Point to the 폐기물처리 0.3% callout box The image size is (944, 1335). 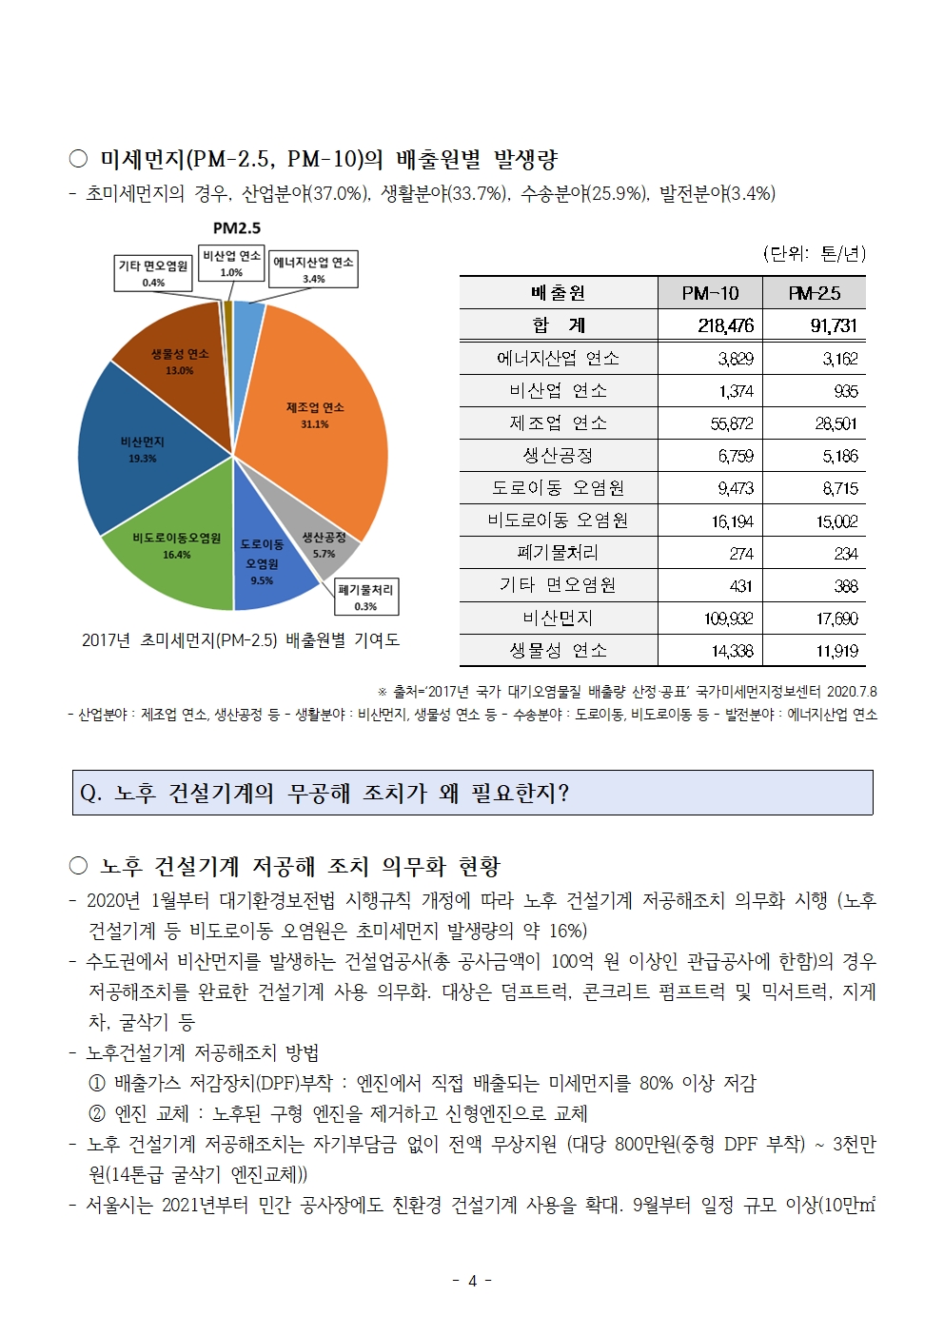pyautogui.click(x=365, y=597)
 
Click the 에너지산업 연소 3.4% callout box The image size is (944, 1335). pyautogui.click(x=313, y=269)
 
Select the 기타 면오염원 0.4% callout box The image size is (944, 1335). pyautogui.click(x=153, y=272)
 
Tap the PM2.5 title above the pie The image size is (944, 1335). pyautogui.click(x=236, y=228)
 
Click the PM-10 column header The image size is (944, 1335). pyautogui.click(x=710, y=293)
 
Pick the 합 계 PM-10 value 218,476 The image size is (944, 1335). pyautogui.click(x=725, y=325)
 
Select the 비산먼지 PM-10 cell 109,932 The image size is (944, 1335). pyautogui.click(x=728, y=618)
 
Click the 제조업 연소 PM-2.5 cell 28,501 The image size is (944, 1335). pyautogui.click(x=836, y=423)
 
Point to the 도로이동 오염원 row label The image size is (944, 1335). pyautogui.click(x=558, y=488)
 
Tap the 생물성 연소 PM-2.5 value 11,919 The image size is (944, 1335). pyautogui.click(x=836, y=651)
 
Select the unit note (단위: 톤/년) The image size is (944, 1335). pyautogui.click(x=814, y=253)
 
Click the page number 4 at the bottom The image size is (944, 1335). pyautogui.click(x=472, y=1281)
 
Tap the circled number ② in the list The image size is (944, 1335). pyautogui.click(x=97, y=1113)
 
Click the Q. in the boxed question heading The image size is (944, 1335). pyautogui.click(x=91, y=794)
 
